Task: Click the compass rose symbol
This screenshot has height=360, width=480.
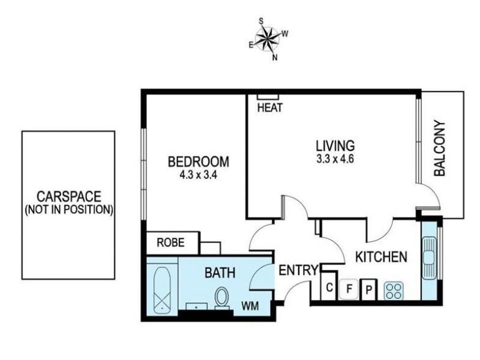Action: [268, 38]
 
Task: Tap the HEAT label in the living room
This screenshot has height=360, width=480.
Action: [269, 108]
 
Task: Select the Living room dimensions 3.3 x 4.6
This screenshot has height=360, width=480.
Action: [335, 160]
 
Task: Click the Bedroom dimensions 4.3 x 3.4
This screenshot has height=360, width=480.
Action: [199, 175]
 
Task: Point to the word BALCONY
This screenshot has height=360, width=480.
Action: [440, 148]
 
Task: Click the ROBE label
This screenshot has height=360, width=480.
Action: [171, 242]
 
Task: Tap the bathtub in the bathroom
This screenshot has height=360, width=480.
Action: [162, 290]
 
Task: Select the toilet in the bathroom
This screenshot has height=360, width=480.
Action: [221, 298]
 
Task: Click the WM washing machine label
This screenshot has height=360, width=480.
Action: [250, 305]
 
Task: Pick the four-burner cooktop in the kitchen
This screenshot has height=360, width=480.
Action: [394, 291]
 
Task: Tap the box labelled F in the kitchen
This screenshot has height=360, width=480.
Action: [349, 289]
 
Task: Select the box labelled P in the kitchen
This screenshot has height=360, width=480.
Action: [369, 289]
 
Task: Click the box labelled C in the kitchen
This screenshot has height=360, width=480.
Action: [329, 287]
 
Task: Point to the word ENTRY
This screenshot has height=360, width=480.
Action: [298, 271]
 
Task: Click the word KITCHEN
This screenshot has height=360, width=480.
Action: [381, 257]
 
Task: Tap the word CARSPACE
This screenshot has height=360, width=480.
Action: [69, 197]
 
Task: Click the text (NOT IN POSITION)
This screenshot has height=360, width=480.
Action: [69, 209]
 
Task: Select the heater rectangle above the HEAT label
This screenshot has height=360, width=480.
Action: [268, 97]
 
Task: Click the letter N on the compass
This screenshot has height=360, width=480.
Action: [275, 57]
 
